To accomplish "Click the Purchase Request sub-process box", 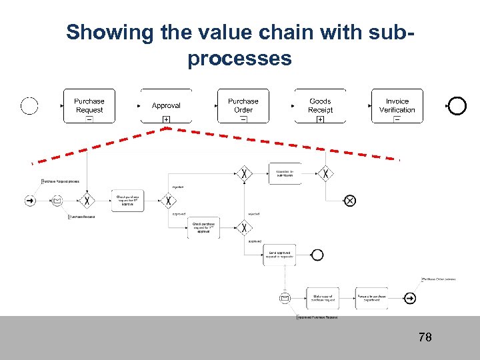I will (x=89, y=105).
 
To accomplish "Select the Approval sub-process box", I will (x=166, y=105).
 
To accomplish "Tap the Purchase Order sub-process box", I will (x=243, y=105).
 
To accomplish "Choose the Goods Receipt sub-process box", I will (x=320, y=105).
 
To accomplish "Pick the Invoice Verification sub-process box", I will (x=397, y=105).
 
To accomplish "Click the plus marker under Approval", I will (x=166, y=119).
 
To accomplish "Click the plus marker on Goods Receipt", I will (x=320, y=119).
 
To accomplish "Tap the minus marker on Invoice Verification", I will (x=397, y=119).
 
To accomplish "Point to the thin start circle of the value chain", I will (x=29, y=105).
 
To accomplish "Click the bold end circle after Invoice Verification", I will (x=457, y=105).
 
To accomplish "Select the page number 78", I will (x=425, y=337).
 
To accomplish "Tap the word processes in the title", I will (x=239, y=59).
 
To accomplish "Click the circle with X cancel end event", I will (x=349, y=200).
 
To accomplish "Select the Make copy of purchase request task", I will (x=323, y=298).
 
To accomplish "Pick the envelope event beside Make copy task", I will (x=285, y=298).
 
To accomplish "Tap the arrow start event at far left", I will (x=30, y=200).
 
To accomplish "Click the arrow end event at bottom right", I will (x=410, y=298).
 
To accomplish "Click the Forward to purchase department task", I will (x=371, y=298).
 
